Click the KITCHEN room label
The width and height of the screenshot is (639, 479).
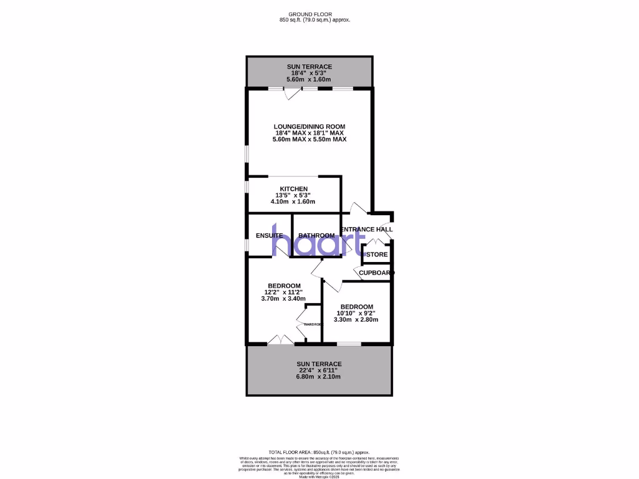tap(293, 189)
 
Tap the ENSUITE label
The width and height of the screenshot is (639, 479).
tap(269, 236)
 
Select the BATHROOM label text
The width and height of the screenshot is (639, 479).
tap(316, 236)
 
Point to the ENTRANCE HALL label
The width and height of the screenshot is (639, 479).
tap(367, 230)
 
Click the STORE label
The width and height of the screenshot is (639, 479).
tap(377, 254)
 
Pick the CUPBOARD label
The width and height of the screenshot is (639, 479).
tap(376, 273)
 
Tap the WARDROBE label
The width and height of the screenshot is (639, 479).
tap(313, 325)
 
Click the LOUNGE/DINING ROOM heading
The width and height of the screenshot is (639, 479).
tap(309, 127)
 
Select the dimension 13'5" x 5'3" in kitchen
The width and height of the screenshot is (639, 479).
tap(293, 195)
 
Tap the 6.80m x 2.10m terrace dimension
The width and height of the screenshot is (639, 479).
tap(319, 377)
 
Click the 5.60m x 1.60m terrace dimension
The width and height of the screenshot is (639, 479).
tap(309, 80)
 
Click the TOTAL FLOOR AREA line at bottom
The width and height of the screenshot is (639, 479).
tap(319, 452)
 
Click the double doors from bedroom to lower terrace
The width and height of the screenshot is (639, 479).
tap(281, 340)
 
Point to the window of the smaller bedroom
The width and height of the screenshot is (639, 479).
tap(349, 344)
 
